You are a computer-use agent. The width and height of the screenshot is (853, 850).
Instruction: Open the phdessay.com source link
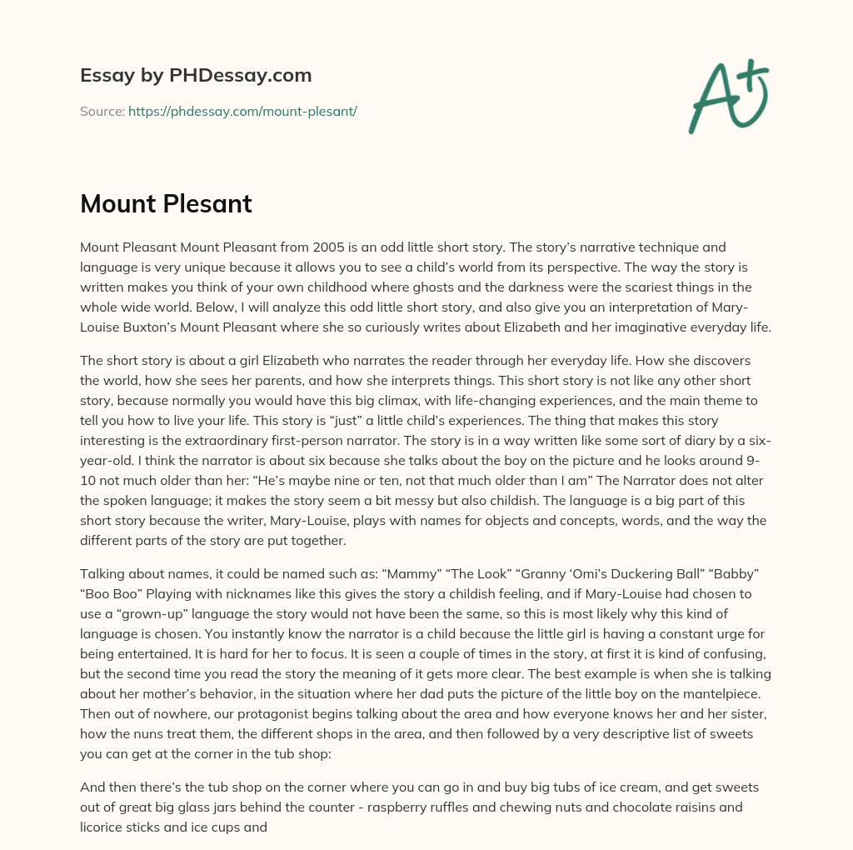pos(242,111)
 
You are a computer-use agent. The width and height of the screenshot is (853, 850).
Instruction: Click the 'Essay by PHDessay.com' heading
pos(196,75)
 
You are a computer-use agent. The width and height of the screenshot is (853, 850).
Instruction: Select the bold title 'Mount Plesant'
pos(166,204)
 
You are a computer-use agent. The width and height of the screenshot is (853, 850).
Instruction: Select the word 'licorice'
pos(105,827)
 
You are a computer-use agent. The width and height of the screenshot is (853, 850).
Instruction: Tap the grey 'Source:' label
pos(102,111)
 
